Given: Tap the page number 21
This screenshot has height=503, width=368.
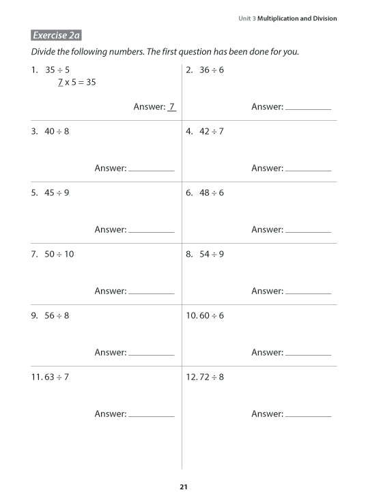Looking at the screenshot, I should click(183, 487).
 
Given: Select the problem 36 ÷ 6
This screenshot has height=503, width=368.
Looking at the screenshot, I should click(212, 70).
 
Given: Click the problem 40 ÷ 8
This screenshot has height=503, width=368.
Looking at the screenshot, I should click(57, 131).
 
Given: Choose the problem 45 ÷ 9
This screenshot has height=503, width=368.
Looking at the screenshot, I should click(57, 192).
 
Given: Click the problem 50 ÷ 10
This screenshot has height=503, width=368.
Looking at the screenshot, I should click(59, 254).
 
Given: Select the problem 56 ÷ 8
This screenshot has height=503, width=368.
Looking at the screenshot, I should click(57, 315).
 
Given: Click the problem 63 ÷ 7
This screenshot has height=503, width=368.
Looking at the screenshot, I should click(57, 377).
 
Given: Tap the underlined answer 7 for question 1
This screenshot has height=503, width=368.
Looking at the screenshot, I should click(172, 106).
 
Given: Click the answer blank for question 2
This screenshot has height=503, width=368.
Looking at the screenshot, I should click(308, 108).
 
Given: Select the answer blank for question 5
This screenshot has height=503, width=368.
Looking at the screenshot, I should click(151, 231).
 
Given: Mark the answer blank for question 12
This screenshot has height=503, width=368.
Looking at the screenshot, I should click(308, 415).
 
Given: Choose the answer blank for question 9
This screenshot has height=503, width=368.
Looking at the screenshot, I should click(151, 354).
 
